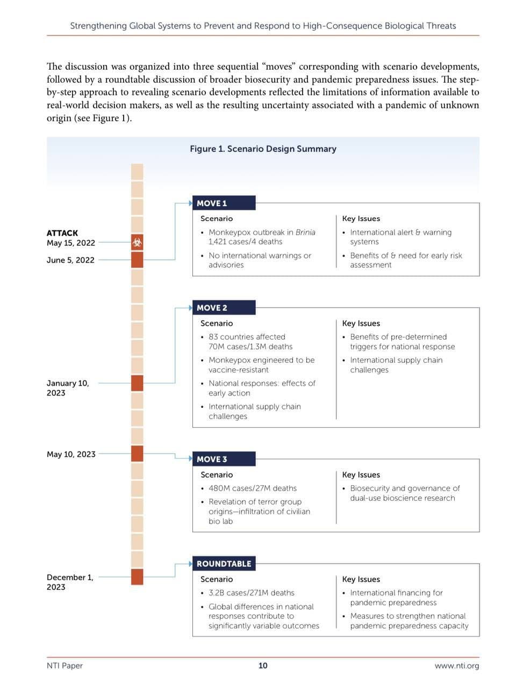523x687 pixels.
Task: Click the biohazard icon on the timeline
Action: [137, 242]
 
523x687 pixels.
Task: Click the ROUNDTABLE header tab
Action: [223, 564]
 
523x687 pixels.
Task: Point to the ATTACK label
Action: [62, 233]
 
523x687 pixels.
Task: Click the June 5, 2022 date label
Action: [70, 260]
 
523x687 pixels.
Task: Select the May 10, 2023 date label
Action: [71, 454]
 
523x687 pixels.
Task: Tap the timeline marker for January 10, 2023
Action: [137, 383]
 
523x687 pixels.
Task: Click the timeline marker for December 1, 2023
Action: [137, 576]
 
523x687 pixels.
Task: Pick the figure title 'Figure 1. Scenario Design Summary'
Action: [263, 149]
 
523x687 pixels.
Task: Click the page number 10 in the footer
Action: [263, 666]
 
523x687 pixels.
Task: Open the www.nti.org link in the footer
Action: [456, 666]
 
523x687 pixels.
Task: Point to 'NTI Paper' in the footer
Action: [65, 666]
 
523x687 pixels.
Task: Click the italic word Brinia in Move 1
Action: [305, 232]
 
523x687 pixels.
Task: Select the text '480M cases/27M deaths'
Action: [253, 488]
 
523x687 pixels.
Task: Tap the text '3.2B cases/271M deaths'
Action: [252, 593]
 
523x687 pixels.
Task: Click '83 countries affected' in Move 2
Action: [247, 337]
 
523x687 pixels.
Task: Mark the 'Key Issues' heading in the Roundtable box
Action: [361, 580]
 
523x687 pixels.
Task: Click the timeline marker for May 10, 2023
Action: [137, 454]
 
